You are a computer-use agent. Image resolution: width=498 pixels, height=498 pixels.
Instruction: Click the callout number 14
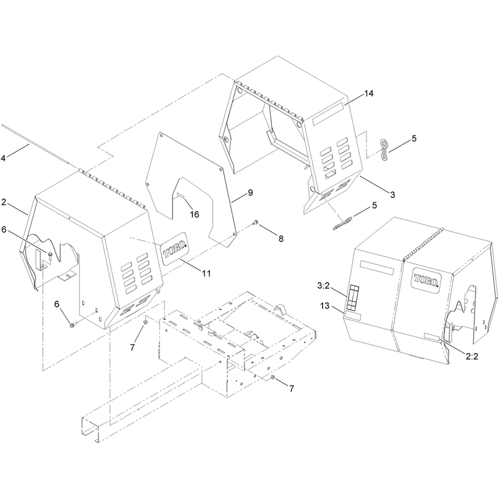[x=369, y=93]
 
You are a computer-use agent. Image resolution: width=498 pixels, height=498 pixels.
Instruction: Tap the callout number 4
[x=3, y=158]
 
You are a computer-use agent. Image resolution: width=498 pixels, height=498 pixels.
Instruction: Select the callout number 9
[x=250, y=192]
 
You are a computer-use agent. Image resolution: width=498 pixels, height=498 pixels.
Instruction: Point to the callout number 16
[x=194, y=214]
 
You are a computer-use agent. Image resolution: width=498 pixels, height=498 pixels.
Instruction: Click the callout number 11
[x=207, y=273]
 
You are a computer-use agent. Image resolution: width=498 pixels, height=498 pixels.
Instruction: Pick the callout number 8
[x=281, y=238]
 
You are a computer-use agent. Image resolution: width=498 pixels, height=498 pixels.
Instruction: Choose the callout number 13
[x=325, y=306]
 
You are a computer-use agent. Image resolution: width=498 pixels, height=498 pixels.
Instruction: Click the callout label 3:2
[x=324, y=286]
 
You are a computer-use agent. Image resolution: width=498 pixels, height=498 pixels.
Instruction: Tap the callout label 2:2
[x=472, y=356]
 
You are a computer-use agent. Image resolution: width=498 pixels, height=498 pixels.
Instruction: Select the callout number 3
[x=393, y=195]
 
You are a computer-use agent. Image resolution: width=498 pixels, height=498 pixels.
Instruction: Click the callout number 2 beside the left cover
[x=4, y=202]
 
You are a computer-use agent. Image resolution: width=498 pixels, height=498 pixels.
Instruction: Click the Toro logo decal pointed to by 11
[x=174, y=248]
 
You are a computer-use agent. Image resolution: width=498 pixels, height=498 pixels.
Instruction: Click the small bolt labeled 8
[x=255, y=223]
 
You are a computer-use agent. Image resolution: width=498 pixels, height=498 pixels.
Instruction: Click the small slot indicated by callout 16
[x=181, y=195]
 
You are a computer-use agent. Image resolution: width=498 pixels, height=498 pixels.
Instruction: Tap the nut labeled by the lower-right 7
[x=273, y=377]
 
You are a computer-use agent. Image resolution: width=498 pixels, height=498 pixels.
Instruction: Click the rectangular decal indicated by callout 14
[x=328, y=114]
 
